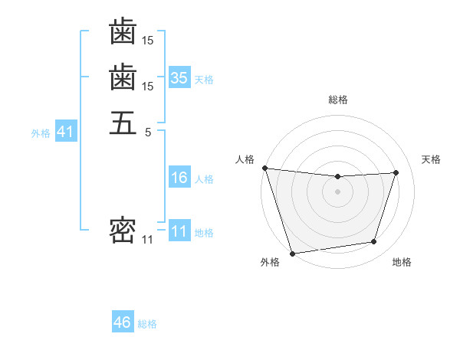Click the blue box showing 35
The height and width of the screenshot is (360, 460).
pyautogui.click(x=179, y=77)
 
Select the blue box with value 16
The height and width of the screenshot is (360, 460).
pyautogui.click(x=179, y=178)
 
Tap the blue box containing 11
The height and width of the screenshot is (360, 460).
pyautogui.click(x=179, y=232)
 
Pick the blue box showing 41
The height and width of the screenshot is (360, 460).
pyautogui.click(x=65, y=132)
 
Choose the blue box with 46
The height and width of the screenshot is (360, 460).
pyautogui.click(x=123, y=322)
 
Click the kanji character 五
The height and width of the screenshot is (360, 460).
pyautogui.click(x=123, y=122)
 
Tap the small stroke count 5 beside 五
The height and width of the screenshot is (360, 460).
pyautogui.click(x=148, y=132)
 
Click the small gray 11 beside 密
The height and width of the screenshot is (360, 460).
pyautogui.click(x=147, y=240)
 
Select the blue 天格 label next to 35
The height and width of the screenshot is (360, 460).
pyautogui.click(x=204, y=79)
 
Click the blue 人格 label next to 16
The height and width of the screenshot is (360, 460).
pyautogui.click(x=204, y=179)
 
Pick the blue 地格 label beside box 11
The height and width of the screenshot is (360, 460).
pyautogui.click(x=204, y=233)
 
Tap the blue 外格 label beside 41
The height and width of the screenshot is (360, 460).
pyautogui.click(x=41, y=133)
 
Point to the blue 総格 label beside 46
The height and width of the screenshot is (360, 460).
pyautogui.click(x=147, y=324)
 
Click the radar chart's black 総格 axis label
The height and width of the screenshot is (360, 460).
pyautogui.click(x=337, y=100)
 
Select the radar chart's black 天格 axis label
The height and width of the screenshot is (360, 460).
pyautogui.click(x=431, y=159)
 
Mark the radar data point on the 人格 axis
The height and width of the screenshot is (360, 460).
pyautogui.click(x=264, y=168)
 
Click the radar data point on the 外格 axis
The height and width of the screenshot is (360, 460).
pyautogui.click(x=293, y=253)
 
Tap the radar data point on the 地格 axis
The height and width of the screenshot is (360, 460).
pyautogui.click(x=374, y=242)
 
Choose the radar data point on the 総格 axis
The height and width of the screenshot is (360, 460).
pyautogui.click(x=337, y=177)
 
